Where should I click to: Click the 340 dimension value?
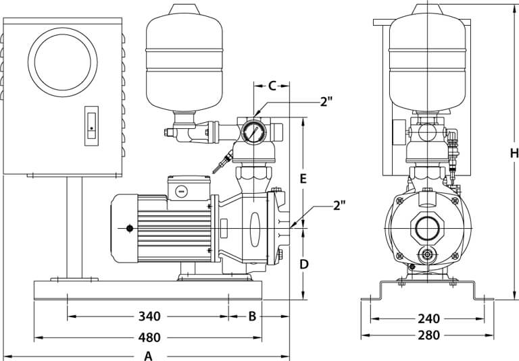(x=149, y=316)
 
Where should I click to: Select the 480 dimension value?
(x=149, y=337)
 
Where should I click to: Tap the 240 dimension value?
(x=428, y=319)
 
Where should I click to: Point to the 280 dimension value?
(x=428, y=335)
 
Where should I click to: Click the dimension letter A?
(x=148, y=356)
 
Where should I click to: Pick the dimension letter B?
(x=252, y=316)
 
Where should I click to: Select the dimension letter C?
(x=272, y=86)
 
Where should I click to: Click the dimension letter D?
(x=304, y=265)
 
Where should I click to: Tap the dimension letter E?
(x=303, y=179)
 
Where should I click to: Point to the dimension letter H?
(x=514, y=153)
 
